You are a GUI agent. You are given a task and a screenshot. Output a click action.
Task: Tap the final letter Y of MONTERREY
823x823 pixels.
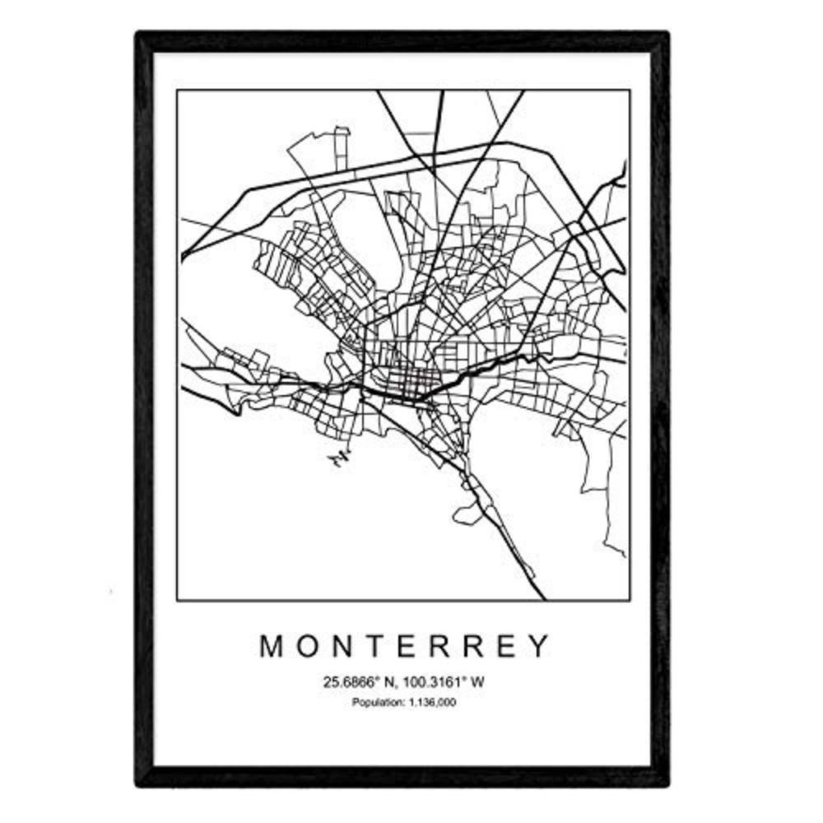pos(537,647)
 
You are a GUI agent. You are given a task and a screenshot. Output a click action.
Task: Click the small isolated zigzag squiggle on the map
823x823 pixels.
pos(337,458)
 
